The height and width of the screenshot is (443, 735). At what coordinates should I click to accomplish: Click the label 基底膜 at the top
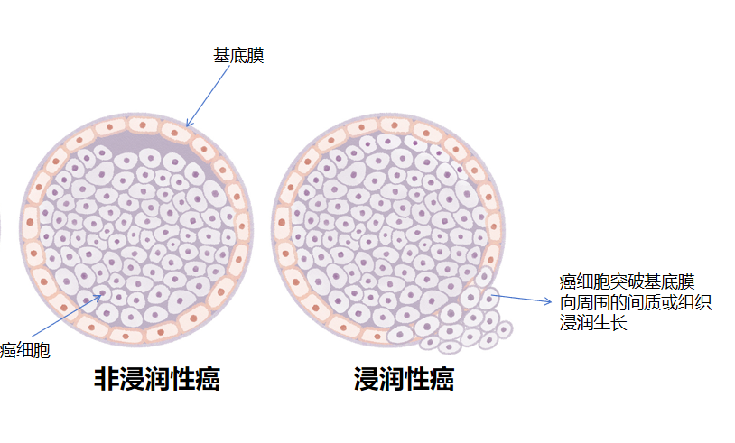[x=238, y=56]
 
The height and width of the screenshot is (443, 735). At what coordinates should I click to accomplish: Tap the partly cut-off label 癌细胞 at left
[x=24, y=350]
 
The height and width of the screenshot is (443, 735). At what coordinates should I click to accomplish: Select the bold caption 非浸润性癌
[x=157, y=380]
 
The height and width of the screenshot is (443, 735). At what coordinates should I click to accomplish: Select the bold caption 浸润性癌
[x=404, y=380]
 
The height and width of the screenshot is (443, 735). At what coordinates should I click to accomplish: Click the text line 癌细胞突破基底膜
[x=628, y=282]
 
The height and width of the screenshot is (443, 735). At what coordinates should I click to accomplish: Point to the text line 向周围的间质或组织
[x=636, y=302]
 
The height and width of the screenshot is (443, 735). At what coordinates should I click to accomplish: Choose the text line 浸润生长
[x=593, y=322]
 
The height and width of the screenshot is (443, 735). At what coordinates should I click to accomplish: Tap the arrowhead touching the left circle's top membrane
[x=188, y=124]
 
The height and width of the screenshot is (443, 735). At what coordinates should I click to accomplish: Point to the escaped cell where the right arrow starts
[x=488, y=295]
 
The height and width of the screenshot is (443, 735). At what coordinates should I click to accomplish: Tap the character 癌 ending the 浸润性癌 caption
[x=442, y=380]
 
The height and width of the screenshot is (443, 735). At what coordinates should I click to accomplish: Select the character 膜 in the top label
[x=256, y=56]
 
